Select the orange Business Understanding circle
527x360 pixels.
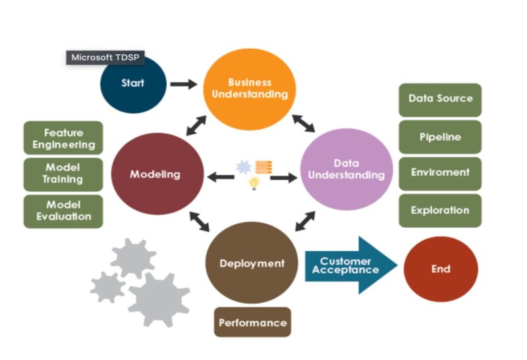[x=249, y=88]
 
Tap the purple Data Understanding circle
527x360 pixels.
[x=346, y=169]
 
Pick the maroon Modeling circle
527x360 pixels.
[x=155, y=174]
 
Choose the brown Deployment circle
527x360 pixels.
[x=252, y=263]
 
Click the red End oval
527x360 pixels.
[x=440, y=269]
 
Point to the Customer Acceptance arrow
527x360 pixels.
[x=349, y=266]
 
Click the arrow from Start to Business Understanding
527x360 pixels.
[x=183, y=84]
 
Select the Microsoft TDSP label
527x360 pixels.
[x=105, y=57]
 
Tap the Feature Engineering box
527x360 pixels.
[x=63, y=138]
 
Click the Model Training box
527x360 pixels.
[x=63, y=174]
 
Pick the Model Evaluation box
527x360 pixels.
[x=63, y=211]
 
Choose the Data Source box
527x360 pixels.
[x=440, y=99]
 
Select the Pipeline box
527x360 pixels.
[x=440, y=137]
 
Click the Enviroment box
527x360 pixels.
[x=440, y=173]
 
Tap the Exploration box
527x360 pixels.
[x=440, y=211]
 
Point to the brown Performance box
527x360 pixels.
[x=252, y=322]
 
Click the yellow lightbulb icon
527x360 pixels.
[x=254, y=184]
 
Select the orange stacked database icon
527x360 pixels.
[x=263, y=167]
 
